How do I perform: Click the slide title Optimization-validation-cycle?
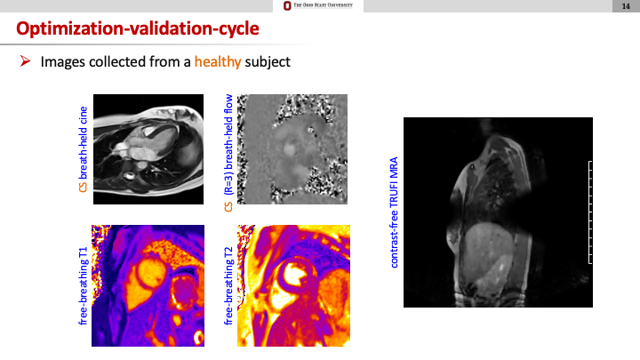(138, 28)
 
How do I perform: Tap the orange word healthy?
(218, 62)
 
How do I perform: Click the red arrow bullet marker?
(25, 61)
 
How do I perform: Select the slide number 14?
(626, 6)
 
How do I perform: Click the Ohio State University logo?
(318, 5)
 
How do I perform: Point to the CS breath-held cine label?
(84, 149)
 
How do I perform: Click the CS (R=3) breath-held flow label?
(228, 153)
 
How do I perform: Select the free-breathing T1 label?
(84, 285)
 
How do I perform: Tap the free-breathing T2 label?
(228, 285)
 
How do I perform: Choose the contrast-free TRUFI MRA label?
(394, 212)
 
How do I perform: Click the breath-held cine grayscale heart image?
(148, 149)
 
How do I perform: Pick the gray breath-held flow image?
(292, 149)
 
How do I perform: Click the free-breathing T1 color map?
(148, 285)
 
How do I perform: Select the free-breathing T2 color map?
(294, 285)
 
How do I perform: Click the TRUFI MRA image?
(498, 212)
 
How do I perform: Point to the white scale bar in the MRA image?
(589, 212)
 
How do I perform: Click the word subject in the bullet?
(268, 62)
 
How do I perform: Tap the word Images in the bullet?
(63, 62)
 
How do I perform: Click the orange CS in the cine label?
(84, 187)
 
